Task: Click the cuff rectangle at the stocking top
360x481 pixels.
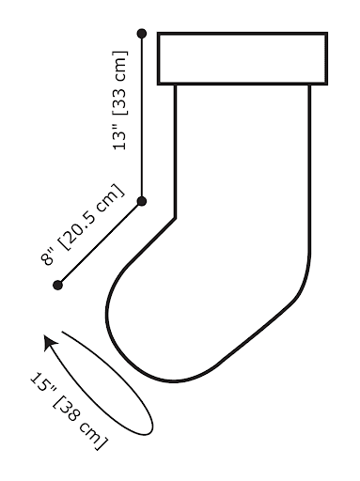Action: (242, 58)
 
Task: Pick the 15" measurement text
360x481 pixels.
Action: (42, 384)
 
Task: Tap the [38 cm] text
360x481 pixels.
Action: (83, 423)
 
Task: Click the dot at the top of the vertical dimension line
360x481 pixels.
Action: (142, 34)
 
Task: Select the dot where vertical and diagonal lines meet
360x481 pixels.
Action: (142, 201)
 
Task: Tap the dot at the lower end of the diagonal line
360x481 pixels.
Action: (58, 284)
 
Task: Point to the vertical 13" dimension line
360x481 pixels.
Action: (142, 117)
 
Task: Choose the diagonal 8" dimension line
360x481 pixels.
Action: (100, 242)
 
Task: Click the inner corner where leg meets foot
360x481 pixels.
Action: (177, 218)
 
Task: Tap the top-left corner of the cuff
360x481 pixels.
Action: (158, 34)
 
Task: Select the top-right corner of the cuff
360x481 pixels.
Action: (326, 34)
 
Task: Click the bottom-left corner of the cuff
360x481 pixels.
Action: (158, 84)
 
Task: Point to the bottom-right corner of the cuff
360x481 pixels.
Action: (326, 84)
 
